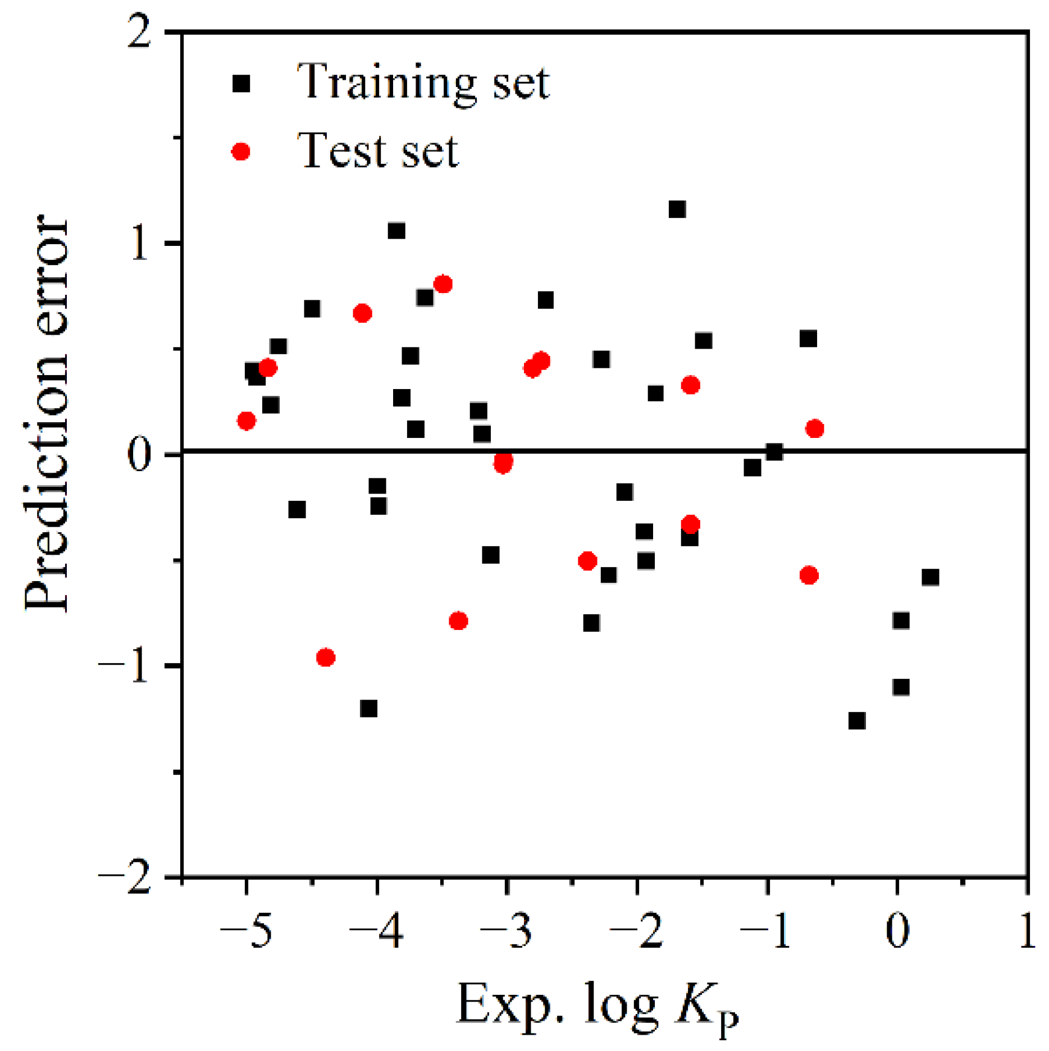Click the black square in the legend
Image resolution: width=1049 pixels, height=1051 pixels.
coord(241,84)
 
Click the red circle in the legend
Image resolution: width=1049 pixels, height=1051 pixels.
coord(241,152)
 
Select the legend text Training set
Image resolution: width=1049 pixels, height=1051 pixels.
coord(423,83)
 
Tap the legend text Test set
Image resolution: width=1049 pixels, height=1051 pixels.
coord(378,150)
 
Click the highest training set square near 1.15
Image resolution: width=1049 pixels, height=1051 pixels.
coord(677,209)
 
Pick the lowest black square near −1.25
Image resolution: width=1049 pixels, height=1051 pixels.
coord(857,721)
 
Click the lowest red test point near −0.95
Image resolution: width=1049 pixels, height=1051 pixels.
coord(326,657)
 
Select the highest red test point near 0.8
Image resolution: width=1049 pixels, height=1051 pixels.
coord(443,284)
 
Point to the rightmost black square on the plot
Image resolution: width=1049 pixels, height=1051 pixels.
coord(931,577)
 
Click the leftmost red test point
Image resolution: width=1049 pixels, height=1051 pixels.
coord(247,421)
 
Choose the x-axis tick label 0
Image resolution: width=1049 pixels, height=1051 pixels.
coord(897,933)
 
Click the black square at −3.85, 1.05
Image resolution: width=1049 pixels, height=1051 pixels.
coord(396,231)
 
